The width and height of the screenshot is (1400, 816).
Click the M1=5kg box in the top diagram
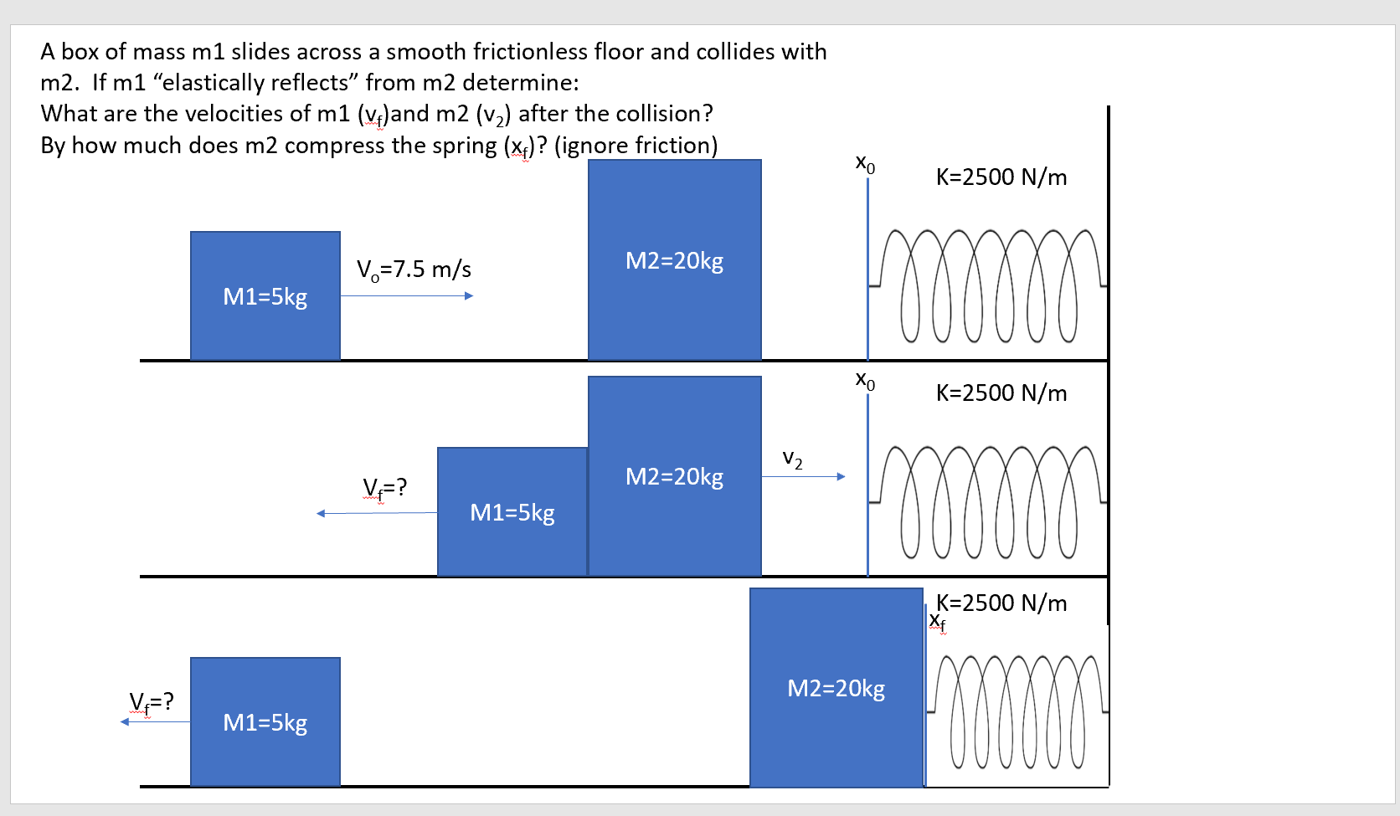[265, 296]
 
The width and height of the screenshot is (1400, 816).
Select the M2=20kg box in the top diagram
[674, 260]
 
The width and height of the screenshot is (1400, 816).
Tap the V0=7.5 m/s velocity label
[414, 269]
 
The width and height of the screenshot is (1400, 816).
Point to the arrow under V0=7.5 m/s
[407, 295]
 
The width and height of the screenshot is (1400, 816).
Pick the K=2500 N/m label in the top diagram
[1001, 177]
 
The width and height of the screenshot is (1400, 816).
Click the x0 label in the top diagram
[866, 163]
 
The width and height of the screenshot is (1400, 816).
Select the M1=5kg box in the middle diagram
[512, 512]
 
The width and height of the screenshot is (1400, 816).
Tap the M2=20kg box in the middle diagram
[674, 476]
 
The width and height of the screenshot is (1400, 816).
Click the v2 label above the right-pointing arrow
[792, 459]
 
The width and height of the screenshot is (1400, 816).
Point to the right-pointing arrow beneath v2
[803, 477]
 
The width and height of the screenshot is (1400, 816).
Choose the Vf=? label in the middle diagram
[385, 487]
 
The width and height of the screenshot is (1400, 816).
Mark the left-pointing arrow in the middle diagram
[377, 513]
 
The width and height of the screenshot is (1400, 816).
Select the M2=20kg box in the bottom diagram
[836, 688]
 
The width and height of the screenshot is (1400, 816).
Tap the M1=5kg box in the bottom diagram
[265, 722]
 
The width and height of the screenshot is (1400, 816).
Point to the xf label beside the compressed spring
[938, 622]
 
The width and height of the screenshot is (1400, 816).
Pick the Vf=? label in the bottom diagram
[152, 701]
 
